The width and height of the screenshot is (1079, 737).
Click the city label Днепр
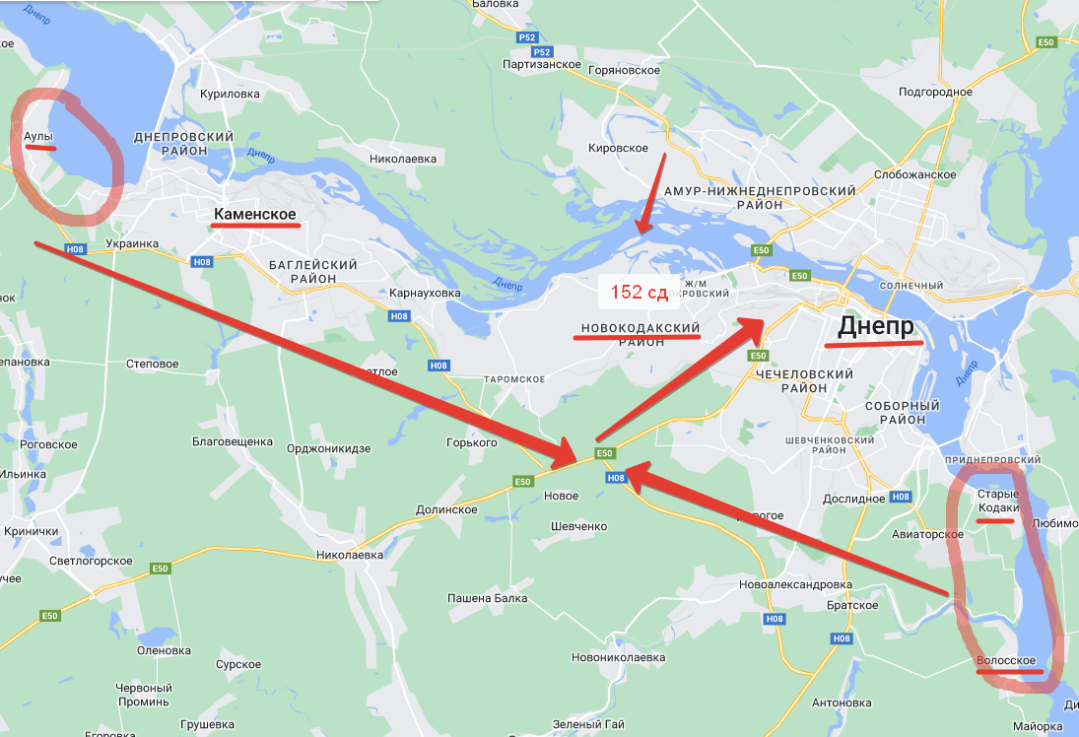click(x=876, y=326)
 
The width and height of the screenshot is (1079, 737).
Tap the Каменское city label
click(x=254, y=213)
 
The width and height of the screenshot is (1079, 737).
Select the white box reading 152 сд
click(x=639, y=292)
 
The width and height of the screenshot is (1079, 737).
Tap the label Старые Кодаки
click(x=998, y=501)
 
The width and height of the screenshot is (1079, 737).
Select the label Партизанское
click(x=542, y=64)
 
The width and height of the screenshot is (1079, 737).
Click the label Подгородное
click(x=935, y=92)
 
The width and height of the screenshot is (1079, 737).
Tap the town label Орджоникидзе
click(x=328, y=448)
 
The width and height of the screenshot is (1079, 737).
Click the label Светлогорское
click(x=91, y=561)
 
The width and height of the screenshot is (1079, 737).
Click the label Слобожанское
click(x=915, y=174)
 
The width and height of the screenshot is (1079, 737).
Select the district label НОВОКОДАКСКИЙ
click(x=641, y=327)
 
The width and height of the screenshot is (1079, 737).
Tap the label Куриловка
click(x=230, y=94)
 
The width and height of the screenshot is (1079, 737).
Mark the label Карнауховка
click(x=425, y=294)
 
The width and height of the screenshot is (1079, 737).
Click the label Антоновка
click(x=842, y=703)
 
